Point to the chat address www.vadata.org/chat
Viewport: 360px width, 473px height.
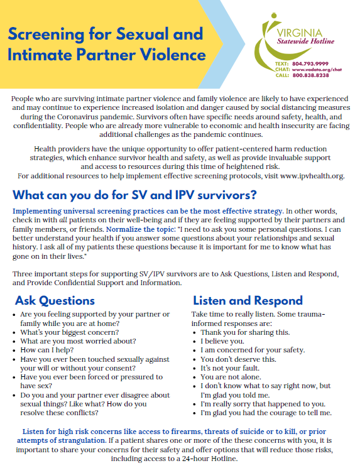click(x=316, y=70)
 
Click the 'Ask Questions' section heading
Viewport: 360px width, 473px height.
click(x=55, y=300)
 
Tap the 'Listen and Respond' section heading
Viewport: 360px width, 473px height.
click(x=248, y=300)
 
